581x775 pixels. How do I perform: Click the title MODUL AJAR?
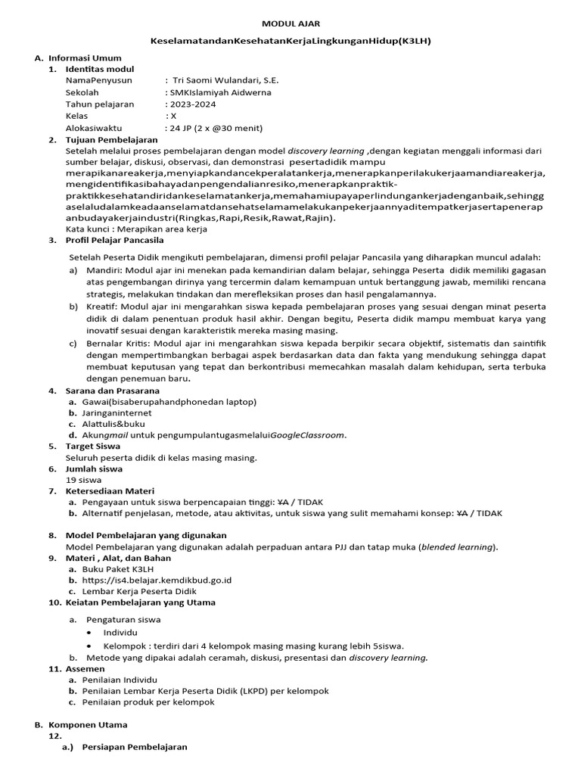(x=290, y=23)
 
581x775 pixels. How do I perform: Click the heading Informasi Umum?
(x=85, y=58)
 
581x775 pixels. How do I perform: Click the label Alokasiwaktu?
(x=99, y=128)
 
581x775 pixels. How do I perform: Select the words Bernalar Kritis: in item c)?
(x=114, y=343)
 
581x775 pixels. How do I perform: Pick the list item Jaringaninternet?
(x=117, y=413)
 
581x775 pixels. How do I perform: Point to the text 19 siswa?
(x=83, y=480)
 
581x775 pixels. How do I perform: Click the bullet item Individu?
(x=122, y=632)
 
